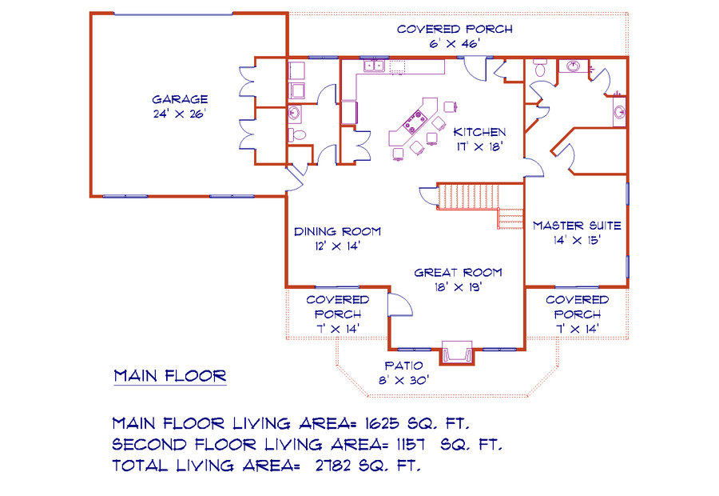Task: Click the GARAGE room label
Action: tap(180, 100)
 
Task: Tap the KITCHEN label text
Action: tap(479, 132)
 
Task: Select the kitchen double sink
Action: tap(374, 66)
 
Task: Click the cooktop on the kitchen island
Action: tap(415, 122)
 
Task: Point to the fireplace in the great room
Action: tap(457, 353)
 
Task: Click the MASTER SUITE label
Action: tap(577, 226)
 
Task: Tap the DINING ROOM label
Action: tap(337, 231)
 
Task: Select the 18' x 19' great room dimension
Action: tap(458, 287)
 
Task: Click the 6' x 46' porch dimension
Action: tap(455, 44)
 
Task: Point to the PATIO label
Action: tap(403, 366)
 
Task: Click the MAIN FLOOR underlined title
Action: tap(170, 377)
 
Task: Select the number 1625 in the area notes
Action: tap(383, 423)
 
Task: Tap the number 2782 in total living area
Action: tap(333, 466)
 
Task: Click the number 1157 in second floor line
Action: tap(411, 444)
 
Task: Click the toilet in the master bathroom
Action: tap(540, 69)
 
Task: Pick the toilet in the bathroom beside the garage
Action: tap(297, 134)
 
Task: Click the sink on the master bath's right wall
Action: tap(620, 111)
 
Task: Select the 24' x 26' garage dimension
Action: tap(180, 114)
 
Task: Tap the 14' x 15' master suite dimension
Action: tap(577, 240)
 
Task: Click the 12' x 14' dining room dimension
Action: tap(337, 246)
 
